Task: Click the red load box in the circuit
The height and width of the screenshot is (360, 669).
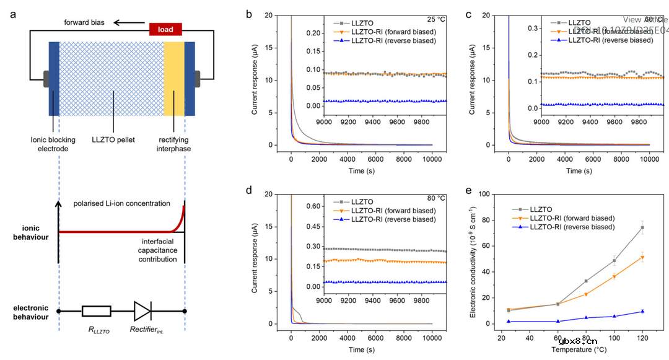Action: (165, 29)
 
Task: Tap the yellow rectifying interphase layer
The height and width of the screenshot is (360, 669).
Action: (174, 79)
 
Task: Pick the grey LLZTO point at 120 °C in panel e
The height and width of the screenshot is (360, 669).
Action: (642, 227)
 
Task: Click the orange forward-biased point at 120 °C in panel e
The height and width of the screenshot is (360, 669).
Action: (642, 257)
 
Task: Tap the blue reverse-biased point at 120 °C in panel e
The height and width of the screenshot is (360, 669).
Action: (642, 312)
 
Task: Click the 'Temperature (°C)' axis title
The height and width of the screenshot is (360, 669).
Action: (579, 350)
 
